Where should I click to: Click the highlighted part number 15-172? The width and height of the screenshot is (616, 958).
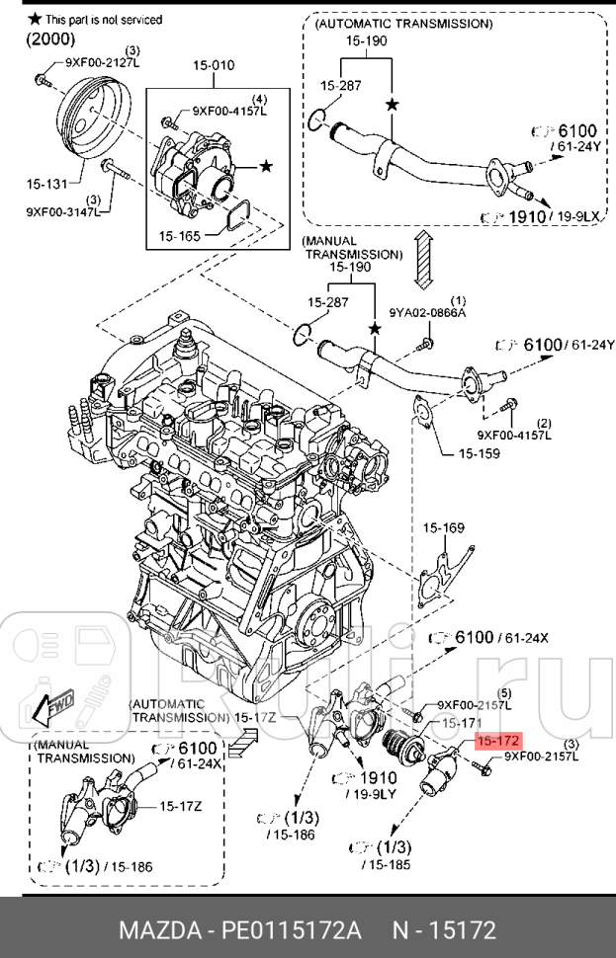click(x=497, y=741)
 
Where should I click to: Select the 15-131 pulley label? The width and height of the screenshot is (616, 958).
click(x=47, y=183)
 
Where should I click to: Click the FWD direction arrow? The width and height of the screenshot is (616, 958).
click(x=50, y=707)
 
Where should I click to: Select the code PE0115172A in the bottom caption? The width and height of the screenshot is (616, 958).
click(x=292, y=929)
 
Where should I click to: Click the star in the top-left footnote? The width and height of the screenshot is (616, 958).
click(x=34, y=19)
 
